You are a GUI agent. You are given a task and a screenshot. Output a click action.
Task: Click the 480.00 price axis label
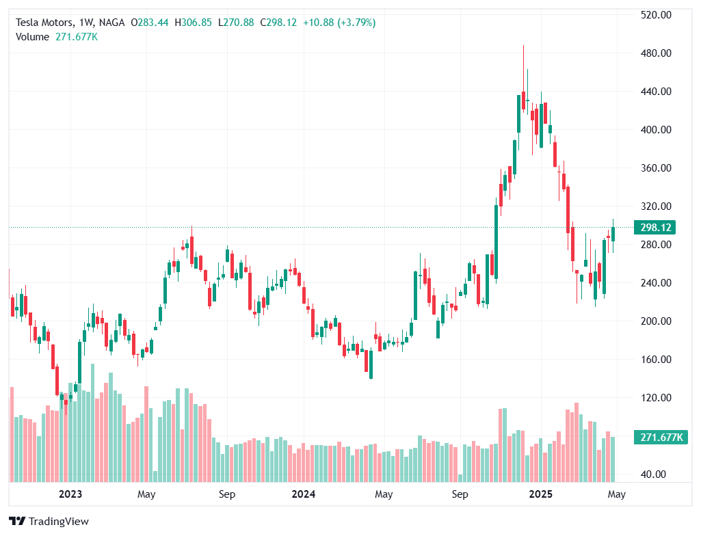click(655, 53)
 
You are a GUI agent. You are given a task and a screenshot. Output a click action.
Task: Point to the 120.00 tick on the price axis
click(655, 398)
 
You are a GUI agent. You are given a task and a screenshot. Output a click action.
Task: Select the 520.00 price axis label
click(655, 15)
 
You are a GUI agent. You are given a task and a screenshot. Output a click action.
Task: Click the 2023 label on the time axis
click(70, 494)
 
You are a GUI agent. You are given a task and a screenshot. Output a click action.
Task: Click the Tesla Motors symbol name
click(44, 23)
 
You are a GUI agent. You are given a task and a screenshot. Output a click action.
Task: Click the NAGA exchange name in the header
click(111, 23)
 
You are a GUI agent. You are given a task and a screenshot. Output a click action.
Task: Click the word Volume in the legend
click(32, 37)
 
